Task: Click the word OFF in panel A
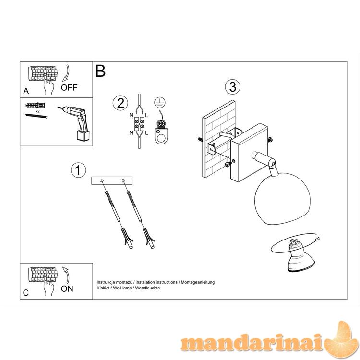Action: click(69, 87)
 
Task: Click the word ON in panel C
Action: click(67, 289)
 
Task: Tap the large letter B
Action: click(100, 71)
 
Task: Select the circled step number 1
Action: click(78, 170)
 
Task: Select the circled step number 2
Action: click(120, 103)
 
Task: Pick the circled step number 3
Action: click(233, 87)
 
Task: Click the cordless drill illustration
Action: click(74, 123)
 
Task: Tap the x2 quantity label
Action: click(37, 111)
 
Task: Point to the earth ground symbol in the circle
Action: click(160, 102)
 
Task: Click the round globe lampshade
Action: click(282, 199)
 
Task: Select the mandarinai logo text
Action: click(253, 343)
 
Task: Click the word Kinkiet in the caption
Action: click(103, 288)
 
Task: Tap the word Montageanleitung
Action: click(198, 282)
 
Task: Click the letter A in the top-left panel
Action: click(26, 91)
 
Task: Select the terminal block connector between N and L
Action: click(139, 124)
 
